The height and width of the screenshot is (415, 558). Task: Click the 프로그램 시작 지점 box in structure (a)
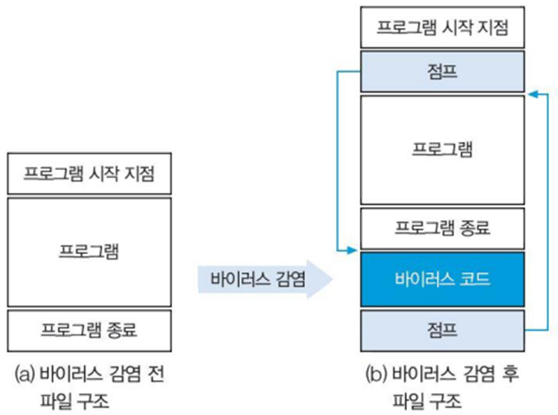(89, 173)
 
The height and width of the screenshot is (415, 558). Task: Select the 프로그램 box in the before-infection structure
(89, 251)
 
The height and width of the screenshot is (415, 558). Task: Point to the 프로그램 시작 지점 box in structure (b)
(442, 27)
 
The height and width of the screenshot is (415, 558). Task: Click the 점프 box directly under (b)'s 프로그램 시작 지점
(442, 71)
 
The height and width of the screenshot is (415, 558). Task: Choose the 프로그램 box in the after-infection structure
(442, 149)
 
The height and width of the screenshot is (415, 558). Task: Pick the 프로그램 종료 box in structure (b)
(442, 227)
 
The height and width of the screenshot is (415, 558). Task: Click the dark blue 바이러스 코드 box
(442, 278)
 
